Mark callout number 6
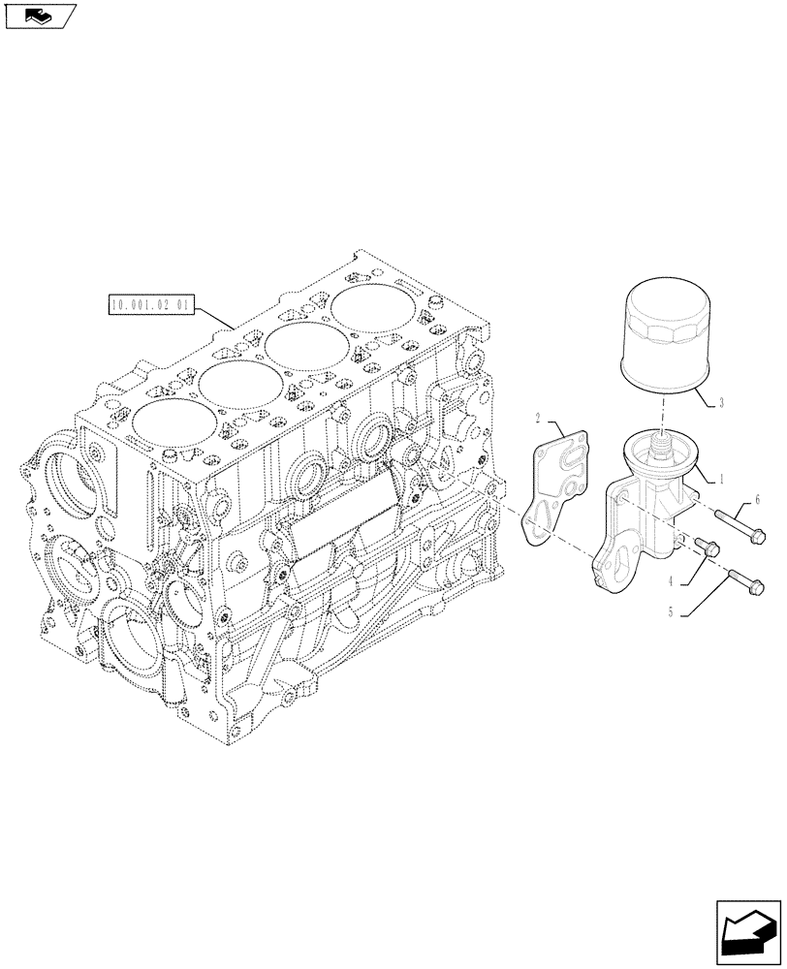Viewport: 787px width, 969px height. pyautogui.click(x=758, y=498)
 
